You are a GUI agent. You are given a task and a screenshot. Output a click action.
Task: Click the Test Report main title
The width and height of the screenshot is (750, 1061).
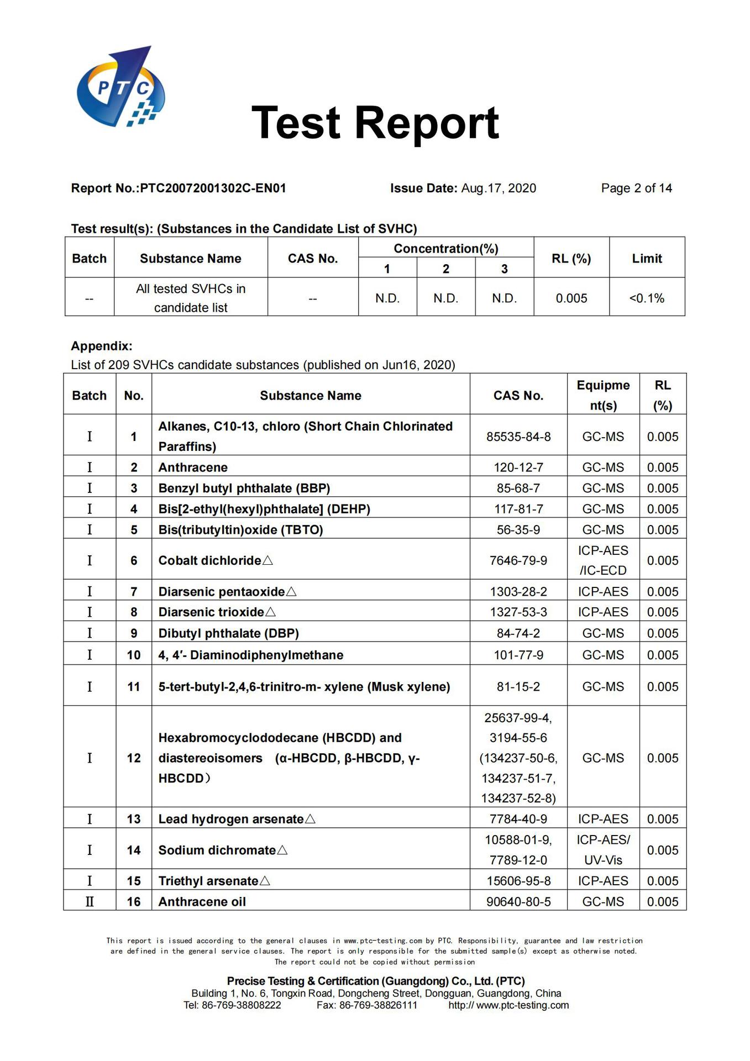coord(375,123)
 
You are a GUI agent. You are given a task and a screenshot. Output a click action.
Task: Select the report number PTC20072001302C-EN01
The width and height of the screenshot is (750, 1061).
coord(213,188)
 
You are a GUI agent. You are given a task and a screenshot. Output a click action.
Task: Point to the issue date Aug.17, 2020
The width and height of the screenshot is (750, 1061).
coord(499,188)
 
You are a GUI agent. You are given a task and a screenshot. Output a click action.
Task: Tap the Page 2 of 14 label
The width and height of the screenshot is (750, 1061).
coord(636,188)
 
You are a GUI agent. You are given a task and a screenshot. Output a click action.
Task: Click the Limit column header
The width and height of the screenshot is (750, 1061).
coord(647,259)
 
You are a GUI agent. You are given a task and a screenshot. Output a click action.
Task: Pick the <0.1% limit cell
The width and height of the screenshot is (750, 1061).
coord(647,298)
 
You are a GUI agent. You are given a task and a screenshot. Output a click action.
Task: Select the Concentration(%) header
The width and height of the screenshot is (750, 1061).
coord(445,249)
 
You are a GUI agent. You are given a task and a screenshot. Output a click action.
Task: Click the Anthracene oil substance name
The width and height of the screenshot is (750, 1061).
coord(202,902)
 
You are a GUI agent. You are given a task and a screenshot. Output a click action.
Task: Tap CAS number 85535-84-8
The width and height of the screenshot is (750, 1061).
coord(518,437)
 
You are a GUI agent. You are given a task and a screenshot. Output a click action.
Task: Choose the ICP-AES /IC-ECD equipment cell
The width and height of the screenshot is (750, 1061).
coord(603,560)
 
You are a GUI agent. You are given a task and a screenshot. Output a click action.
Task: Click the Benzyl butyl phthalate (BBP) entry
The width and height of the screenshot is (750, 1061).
coord(244,489)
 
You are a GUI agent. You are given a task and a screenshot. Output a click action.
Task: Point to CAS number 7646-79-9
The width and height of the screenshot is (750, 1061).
coord(518,560)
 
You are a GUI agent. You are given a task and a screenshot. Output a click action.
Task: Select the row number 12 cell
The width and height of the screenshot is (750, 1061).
coord(134,758)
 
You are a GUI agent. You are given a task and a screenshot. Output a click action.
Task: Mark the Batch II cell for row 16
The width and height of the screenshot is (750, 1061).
coord(90,902)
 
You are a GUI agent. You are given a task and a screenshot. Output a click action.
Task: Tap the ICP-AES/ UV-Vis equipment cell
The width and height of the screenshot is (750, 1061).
coord(603,850)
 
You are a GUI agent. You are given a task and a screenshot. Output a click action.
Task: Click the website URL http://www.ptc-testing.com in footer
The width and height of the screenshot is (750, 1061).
coord(508,1005)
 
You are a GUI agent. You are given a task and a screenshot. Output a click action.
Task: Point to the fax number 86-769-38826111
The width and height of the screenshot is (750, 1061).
coord(378,1005)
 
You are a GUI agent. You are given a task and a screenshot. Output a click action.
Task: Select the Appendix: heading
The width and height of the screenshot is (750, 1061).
coord(102,346)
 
